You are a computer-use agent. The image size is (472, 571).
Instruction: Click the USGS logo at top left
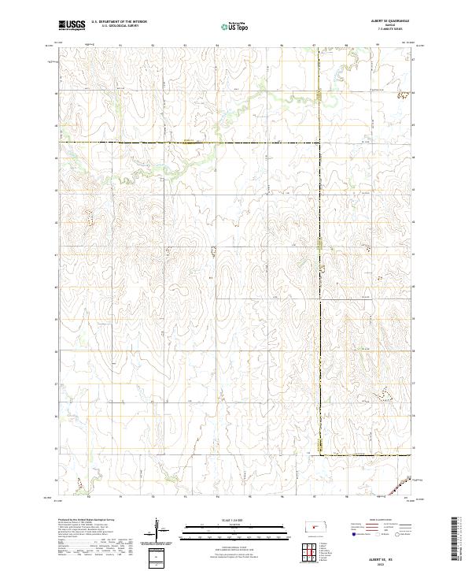pyautogui.click(x=71, y=25)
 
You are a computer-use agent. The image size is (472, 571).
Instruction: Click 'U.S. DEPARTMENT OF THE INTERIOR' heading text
pyautogui.click(x=119, y=22)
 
